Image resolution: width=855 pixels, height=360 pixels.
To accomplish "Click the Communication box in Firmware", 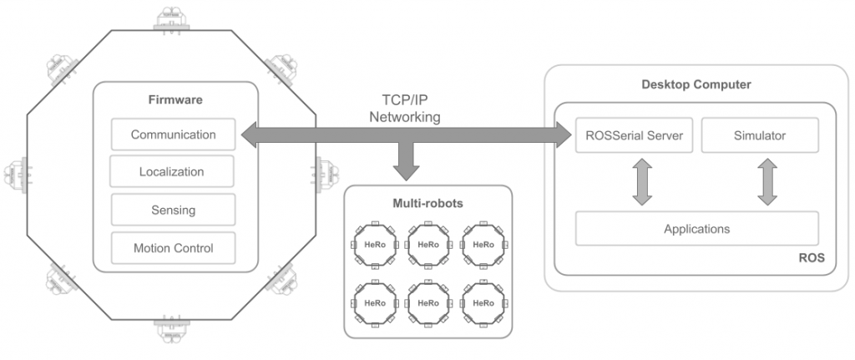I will tap(173, 134).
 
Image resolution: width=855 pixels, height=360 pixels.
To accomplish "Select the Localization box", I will tap(171, 172).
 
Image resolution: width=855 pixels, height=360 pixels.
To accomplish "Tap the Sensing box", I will tap(173, 210).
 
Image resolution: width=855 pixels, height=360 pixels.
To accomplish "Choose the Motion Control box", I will tap(173, 248).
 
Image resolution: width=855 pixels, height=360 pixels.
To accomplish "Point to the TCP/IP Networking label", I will tap(405, 109).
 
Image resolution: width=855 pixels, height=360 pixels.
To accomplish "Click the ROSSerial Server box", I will tap(634, 134).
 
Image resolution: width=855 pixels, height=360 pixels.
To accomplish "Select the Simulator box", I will tap(759, 134).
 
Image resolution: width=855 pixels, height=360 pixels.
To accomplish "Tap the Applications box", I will tap(696, 228).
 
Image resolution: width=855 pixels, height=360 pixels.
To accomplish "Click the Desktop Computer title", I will tap(696, 84).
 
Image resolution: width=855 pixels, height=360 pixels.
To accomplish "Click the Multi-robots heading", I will tap(427, 203).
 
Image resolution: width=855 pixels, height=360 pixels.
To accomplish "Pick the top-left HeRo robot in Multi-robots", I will tap(374, 245).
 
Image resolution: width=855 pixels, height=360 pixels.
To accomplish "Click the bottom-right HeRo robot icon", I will tap(483, 302).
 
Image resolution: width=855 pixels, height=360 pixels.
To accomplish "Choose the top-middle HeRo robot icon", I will tap(428, 245).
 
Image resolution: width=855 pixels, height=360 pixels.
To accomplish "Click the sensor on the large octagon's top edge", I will tap(174, 18).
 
